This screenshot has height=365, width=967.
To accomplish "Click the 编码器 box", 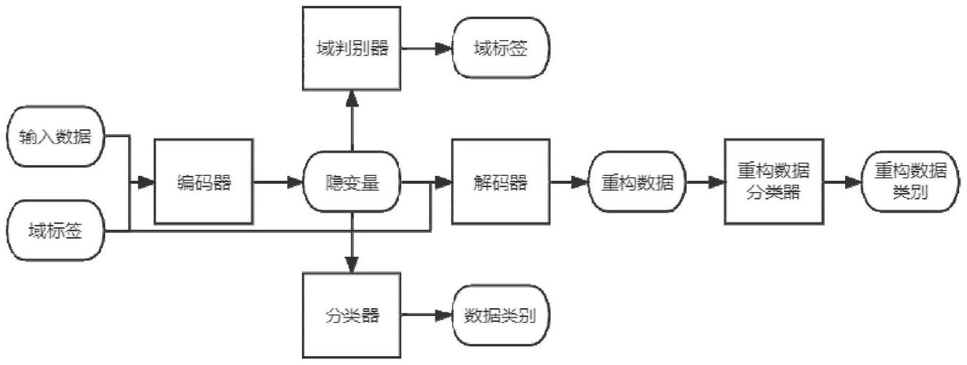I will [204, 182].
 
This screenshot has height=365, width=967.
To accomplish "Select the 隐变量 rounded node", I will [352, 182].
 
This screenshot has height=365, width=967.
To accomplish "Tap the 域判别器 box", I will [352, 49].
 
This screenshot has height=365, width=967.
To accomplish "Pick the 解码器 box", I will [500, 182].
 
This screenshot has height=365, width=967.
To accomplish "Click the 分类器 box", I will [352, 316].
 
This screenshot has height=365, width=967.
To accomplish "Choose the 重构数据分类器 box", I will [774, 182].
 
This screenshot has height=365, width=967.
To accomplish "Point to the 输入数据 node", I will [56, 137].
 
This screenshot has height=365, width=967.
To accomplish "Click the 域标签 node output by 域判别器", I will [500, 50].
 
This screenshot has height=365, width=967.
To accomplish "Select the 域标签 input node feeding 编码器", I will [56, 232].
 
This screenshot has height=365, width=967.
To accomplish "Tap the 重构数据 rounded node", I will [637, 182].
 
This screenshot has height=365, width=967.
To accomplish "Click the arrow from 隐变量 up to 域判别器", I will [352, 120].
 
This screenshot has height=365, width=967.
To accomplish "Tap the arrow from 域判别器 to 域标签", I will [427, 50].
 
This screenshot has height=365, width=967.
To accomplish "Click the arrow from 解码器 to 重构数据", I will [569, 182].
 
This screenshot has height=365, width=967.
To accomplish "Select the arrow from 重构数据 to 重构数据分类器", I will [705, 182].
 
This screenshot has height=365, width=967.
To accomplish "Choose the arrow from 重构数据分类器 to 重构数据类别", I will [842, 182].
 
